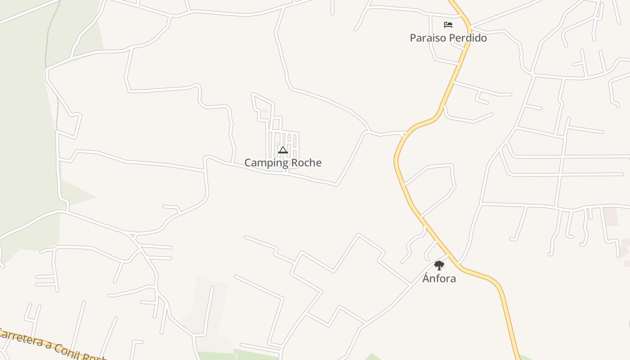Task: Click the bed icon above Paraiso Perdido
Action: pyautogui.click(x=448, y=24)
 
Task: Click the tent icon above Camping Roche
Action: pyautogui.click(x=283, y=150)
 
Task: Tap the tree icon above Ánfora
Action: pyautogui.click(x=439, y=265)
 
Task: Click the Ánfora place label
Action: pyautogui.click(x=439, y=279)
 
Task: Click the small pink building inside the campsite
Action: pyautogui.click(x=265, y=111)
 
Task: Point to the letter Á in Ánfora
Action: pyautogui.click(x=426, y=278)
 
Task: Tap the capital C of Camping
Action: pyautogui.click(x=248, y=162)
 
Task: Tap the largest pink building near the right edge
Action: pyautogui.click(x=610, y=216)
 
